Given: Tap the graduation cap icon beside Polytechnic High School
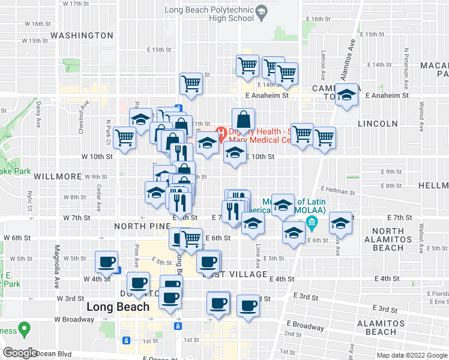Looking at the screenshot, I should [261, 11].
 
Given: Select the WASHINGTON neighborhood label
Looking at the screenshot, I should [82, 35].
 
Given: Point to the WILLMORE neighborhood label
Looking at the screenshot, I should [58, 176].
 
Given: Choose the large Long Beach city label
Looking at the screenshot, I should [118, 307].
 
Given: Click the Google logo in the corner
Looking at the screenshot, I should [20, 353].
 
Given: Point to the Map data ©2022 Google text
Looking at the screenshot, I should [412, 355].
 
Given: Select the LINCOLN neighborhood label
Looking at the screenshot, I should [378, 124].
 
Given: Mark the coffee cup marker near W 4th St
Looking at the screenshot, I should [107, 262].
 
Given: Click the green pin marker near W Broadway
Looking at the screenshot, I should [25, 329].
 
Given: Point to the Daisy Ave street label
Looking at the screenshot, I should [38, 110].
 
